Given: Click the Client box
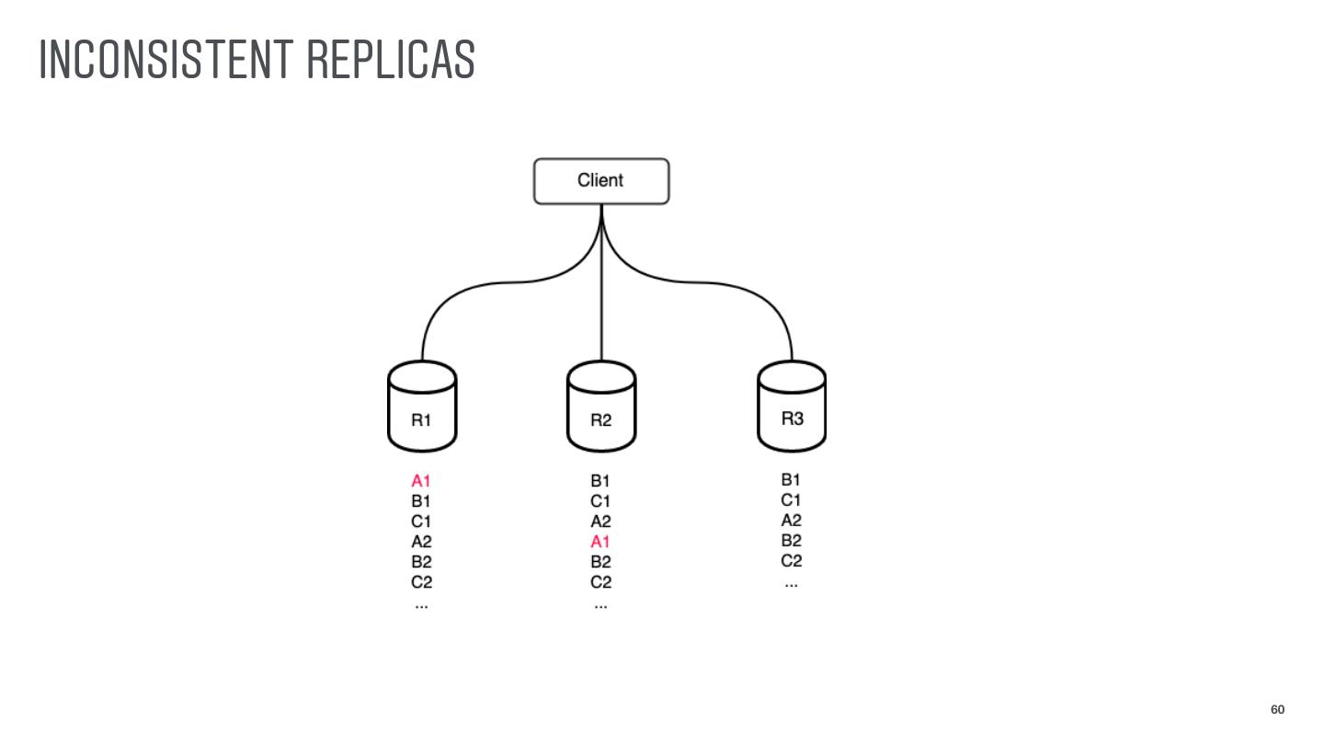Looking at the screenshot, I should pos(601,181).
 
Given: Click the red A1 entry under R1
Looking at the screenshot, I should pos(421,481).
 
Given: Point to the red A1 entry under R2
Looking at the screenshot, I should pos(600,542).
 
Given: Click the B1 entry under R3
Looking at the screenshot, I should pos(791,480).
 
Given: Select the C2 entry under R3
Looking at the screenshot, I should pos(791,561).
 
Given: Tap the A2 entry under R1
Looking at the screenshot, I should pos(421,542).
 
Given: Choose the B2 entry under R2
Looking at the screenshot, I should pos(600,562).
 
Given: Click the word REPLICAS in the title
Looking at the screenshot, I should pos(391,60).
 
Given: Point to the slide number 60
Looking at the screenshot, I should pos(1277,709).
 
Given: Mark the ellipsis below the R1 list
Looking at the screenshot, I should pos(421,605).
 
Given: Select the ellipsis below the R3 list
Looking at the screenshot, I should pos(791,584).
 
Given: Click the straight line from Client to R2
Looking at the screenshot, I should pos(601,304).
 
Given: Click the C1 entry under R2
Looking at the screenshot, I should pos(600,501).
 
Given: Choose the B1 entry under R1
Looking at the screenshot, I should pos(421,501).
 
